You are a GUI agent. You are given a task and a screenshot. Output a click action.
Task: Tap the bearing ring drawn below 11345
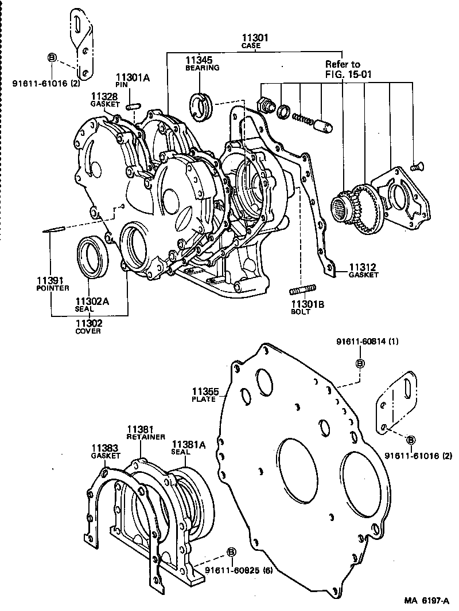click(202, 107)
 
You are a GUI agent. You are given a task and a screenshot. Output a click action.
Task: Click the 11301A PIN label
click(133, 82)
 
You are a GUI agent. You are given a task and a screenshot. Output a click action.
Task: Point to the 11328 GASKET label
click(104, 100)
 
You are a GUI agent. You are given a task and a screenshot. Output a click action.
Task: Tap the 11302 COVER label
click(88, 327)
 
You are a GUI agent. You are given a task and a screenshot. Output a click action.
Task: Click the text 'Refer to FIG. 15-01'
click(343, 69)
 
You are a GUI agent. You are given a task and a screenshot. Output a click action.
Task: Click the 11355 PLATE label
click(205, 395)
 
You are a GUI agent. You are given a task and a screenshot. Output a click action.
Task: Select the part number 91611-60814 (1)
click(367, 342)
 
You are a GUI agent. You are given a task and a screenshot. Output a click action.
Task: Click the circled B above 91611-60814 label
click(360, 363)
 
